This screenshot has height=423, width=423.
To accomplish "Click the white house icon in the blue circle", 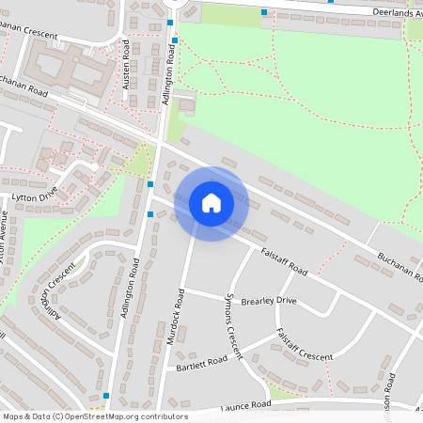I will [211, 203].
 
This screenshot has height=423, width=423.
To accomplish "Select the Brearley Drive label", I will [268, 300].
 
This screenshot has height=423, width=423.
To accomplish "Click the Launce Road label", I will [245, 405].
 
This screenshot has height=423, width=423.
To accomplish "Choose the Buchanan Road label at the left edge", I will [23, 86].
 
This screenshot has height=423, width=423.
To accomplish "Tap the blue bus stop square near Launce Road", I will [106, 396].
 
